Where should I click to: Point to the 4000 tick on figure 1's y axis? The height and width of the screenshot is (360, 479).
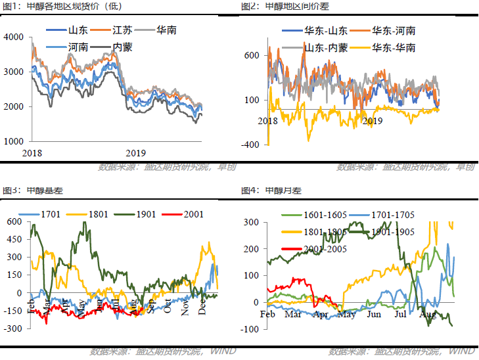14,37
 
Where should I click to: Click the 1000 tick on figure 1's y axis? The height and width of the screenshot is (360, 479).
14,141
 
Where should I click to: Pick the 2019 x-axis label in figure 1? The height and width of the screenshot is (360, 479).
135,152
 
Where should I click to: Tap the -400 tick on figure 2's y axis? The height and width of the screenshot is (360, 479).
252,145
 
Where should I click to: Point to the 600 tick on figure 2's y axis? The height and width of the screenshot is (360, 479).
253,56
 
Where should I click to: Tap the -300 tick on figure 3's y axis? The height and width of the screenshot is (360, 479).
13,346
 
